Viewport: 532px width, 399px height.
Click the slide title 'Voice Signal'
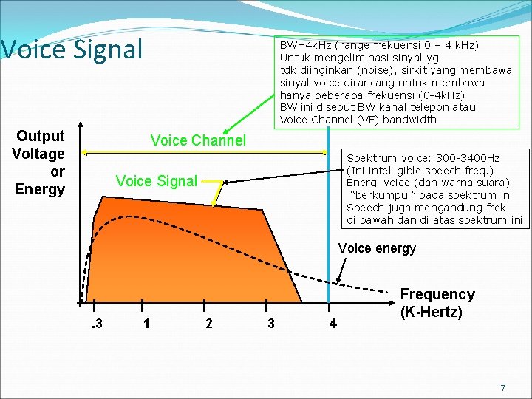tap(71, 50)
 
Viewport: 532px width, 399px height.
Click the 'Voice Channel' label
tap(197, 140)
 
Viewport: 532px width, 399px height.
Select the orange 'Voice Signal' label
tap(157, 181)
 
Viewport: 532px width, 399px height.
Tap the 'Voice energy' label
tap(377, 248)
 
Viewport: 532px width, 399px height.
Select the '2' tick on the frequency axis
tap(209, 324)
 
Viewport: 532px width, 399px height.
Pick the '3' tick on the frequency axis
tap(271, 324)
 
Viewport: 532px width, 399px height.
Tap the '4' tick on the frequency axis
tap(332, 324)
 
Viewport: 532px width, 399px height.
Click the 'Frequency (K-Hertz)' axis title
tap(437, 303)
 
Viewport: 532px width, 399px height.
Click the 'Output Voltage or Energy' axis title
tap(40, 163)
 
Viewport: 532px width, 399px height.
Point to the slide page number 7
tap(503, 388)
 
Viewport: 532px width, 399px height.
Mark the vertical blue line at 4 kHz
tap(329, 222)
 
